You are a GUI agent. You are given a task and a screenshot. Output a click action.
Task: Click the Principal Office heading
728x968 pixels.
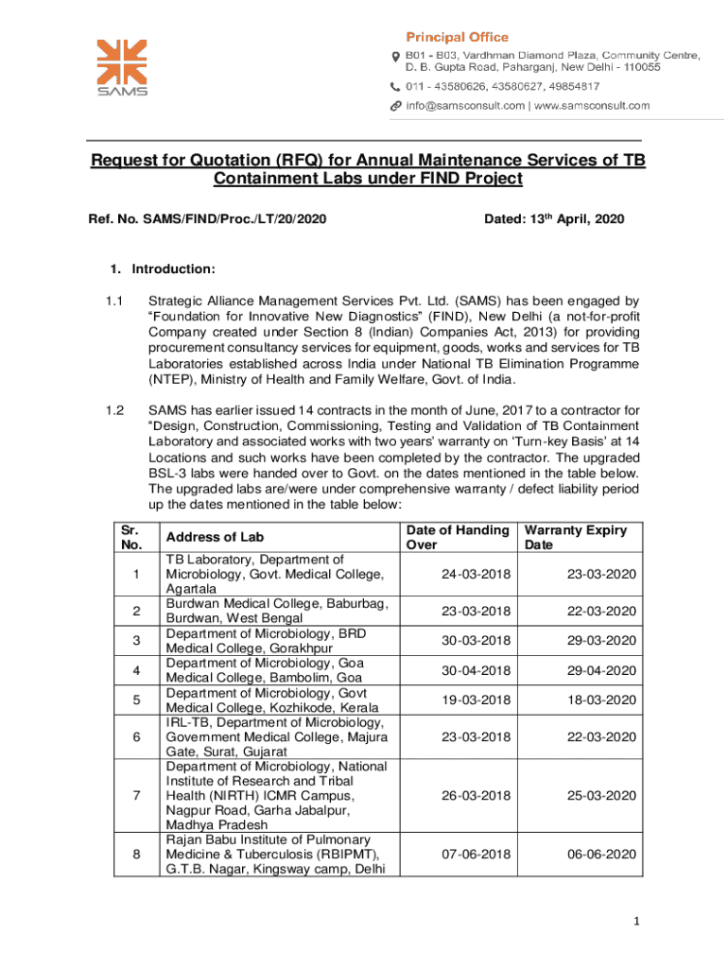click(x=457, y=37)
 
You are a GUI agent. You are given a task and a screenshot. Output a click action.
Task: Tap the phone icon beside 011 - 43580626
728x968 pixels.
click(x=396, y=86)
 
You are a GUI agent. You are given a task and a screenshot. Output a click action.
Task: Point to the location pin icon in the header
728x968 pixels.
click(x=396, y=57)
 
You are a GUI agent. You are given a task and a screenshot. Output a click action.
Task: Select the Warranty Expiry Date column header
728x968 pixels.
click(x=576, y=538)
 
